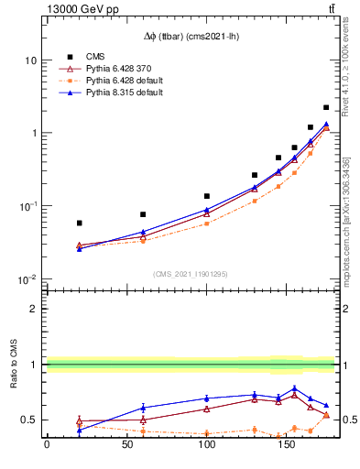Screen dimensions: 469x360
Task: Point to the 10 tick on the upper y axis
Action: [30, 60]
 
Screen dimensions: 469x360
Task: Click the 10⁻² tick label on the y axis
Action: [27, 279]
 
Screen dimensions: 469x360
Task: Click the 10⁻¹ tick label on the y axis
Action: [27, 206]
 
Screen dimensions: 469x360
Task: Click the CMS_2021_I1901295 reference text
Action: [191, 274]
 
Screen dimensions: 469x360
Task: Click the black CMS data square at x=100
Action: [207, 196]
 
